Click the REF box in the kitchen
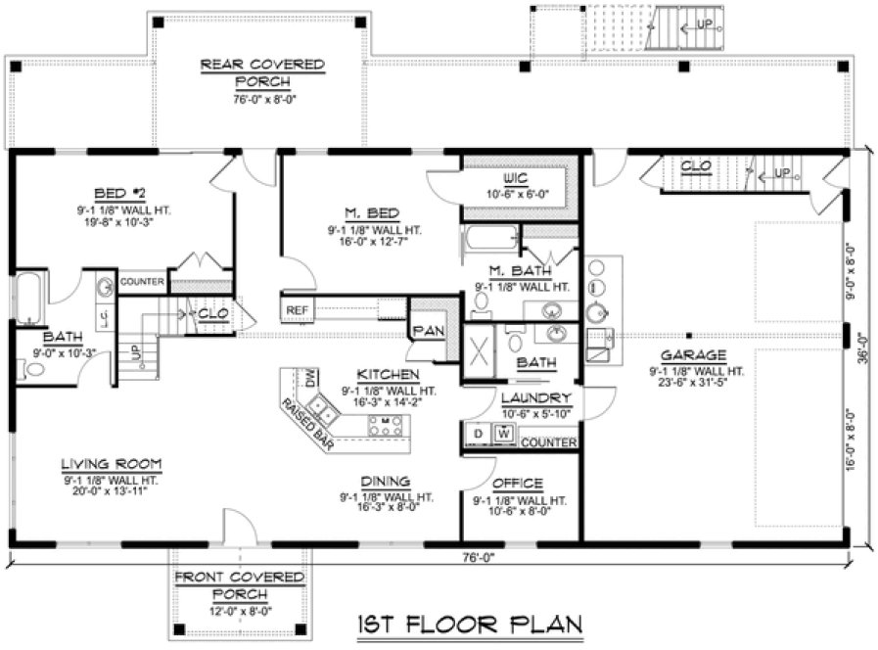[x=298, y=310]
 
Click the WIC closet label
[x=517, y=180]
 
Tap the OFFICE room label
[x=518, y=484]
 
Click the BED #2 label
[x=121, y=192]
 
